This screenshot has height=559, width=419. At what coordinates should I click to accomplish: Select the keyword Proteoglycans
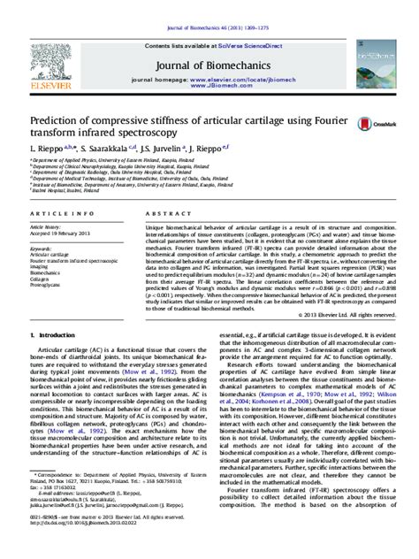pyautogui.click(x=49, y=287)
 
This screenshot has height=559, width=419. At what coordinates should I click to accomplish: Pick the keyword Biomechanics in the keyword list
pyautogui.click(x=47, y=273)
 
